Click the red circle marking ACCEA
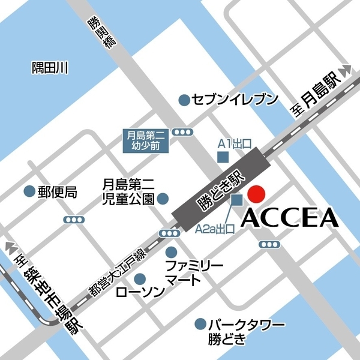tap(256, 194)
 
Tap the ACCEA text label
tap(289, 219)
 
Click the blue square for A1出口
tap(223, 157)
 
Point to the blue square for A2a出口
tap(236, 199)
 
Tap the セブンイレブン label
tap(235, 100)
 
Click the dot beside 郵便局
tap(28, 191)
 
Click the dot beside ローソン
tap(140, 278)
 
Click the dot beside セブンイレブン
tap(184, 99)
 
